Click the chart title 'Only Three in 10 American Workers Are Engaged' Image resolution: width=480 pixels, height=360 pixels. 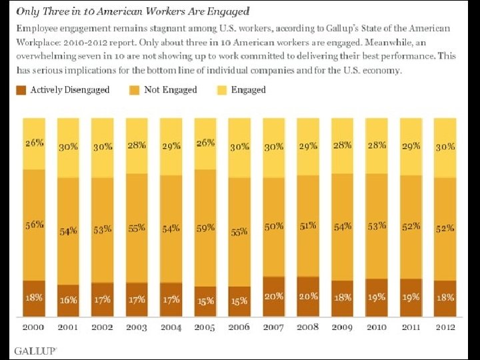[133, 11]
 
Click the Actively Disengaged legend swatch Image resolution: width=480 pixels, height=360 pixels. [21, 90]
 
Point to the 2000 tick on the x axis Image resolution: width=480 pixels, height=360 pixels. [34, 327]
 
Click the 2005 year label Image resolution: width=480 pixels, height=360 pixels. [205, 327]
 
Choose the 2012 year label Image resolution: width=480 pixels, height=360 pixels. [444, 327]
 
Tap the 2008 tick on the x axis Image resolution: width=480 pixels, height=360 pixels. [308, 327]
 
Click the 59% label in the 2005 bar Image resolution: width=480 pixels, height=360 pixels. [205, 227]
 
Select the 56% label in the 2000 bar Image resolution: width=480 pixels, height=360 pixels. [34, 225]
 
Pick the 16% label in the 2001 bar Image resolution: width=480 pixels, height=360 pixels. [68, 300]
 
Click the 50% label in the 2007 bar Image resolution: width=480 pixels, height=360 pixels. [273, 227]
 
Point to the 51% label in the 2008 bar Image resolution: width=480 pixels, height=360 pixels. [308, 226]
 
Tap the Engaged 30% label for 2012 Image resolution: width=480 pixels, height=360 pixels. [444, 147]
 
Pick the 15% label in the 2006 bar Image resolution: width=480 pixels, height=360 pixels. [239, 301]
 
